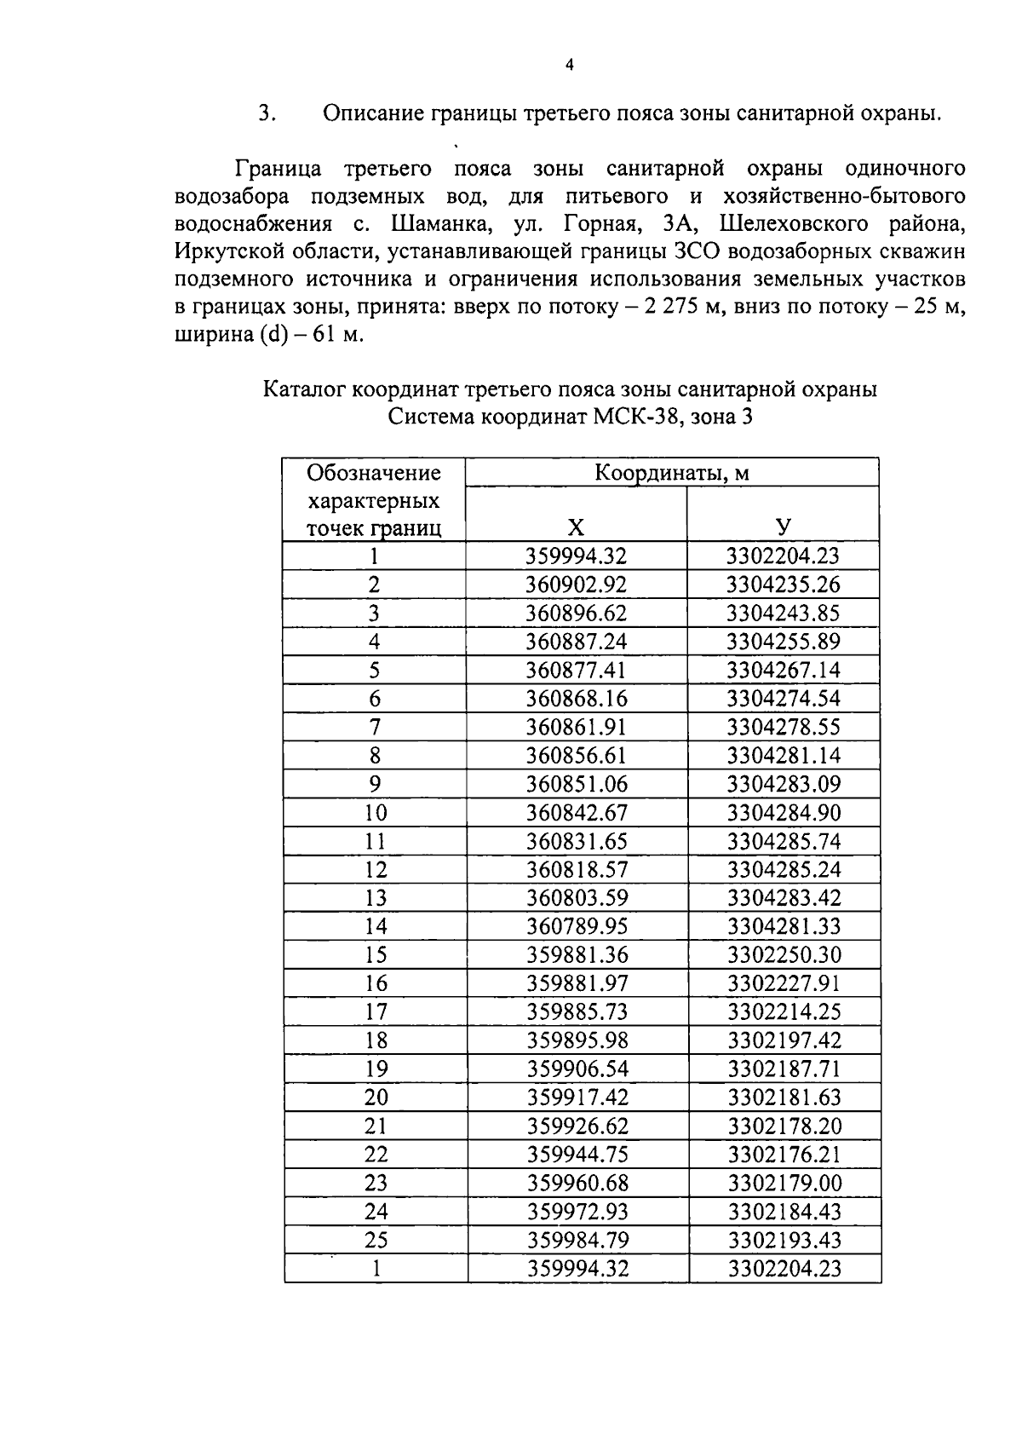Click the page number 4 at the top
(569, 66)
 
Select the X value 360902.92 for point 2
(576, 585)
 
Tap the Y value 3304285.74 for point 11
(784, 842)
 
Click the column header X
(576, 527)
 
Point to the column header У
(783, 527)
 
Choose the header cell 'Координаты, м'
(671, 473)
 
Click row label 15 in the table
(376, 955)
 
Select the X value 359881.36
(577, 955)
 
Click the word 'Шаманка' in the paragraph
(435, 224)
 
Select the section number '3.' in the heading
(267, 113)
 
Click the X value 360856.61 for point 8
(576, 756)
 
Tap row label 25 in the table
(376, 1241)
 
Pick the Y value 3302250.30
(784, 955)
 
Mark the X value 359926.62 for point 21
(577, 1126)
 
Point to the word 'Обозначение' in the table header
(374, 473)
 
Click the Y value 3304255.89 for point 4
(784, 642)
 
